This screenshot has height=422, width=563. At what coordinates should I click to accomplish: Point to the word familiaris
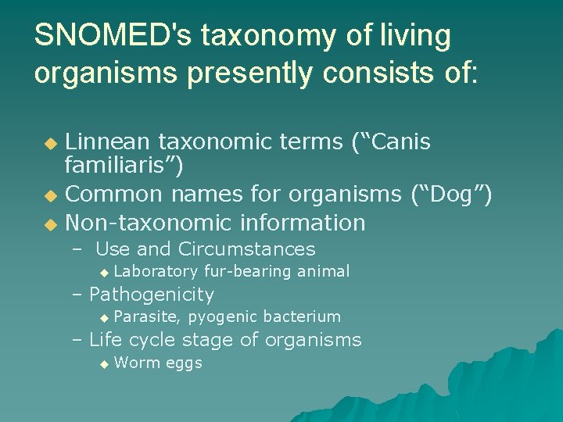click(x=124, y=166)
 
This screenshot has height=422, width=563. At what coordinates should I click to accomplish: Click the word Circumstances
click(x=246, y=249)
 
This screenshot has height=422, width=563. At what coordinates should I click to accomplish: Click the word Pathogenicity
click(x=152, y=295)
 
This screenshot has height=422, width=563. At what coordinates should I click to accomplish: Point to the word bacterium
click(x=302, y=316)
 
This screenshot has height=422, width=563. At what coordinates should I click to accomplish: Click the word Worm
click(x=134, y=363)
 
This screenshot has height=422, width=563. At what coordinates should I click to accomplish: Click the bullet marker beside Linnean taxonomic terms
click(x=50, y=143)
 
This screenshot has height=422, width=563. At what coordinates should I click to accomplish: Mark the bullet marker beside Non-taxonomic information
click(x=50, y=224)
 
